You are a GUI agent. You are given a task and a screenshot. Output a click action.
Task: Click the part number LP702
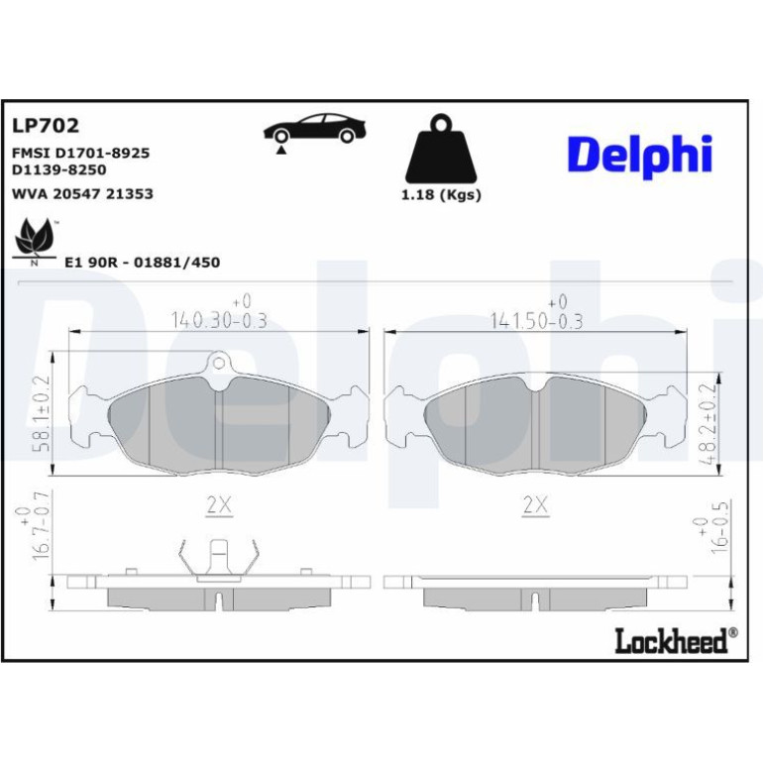[x=46, y=126]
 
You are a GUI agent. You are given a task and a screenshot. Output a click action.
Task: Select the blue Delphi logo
[x=640, y=156]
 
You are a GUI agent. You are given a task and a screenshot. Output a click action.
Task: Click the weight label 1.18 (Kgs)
[x=441, y=194]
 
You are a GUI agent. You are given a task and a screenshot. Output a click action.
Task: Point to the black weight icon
[x=441, y=148]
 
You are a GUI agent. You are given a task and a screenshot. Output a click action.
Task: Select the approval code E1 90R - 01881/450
[x=142, y=263]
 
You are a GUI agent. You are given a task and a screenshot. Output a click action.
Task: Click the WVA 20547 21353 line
[x=82, y=193]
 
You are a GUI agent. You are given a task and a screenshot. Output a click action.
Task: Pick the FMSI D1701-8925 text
[x=81, y=153]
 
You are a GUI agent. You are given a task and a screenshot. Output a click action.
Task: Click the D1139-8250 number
[x=58, y=169]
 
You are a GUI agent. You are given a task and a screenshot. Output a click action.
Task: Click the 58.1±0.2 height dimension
[x=42, y=413]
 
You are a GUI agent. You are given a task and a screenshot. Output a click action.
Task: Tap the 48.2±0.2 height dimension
[x=708, y=423]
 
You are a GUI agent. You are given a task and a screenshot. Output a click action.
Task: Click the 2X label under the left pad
[x=219, y=505]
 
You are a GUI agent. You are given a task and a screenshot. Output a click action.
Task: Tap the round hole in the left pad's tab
[x=219, y=363]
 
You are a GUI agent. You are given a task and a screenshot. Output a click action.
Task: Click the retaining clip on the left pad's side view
[x=219, y=560]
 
